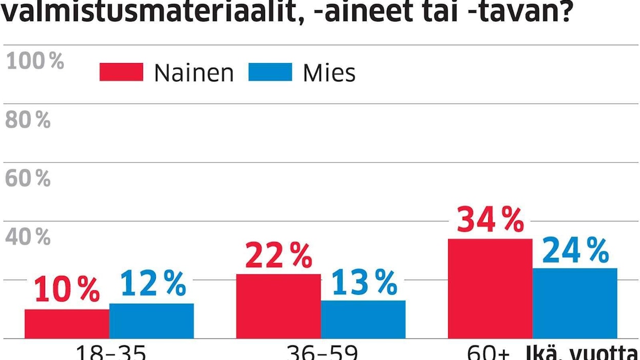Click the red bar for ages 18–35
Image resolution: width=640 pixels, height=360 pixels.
(x=67, y=324)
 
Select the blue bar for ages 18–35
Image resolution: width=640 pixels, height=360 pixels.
(x=151, y=321)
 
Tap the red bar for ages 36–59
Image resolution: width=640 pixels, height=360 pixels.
(x=278, y=306)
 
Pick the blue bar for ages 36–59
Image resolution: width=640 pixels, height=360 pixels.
(x=363, y=319)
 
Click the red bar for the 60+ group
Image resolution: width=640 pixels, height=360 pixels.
(x=490, y=288)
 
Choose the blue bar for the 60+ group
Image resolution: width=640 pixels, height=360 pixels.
(x=575, y=303)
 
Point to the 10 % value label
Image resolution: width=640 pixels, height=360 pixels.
(x=67, y=290)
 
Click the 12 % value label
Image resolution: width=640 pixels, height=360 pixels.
(x=153, y=284)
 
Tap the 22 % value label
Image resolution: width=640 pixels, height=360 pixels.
(x=278, y=255)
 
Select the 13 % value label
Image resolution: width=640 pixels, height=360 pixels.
(x=364, y=282)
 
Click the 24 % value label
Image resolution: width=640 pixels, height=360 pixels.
(x=575, y=250)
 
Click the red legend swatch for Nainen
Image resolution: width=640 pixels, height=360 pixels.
(x=122, y=72)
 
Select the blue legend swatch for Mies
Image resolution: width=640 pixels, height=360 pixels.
(x=270, y=72)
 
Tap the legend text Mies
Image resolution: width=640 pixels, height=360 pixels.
(x=329, y=73)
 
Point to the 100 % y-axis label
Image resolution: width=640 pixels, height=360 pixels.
(x=35, y=62)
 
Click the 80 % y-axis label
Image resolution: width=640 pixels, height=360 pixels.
(x=28, y=121)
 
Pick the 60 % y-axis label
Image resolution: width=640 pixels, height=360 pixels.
(x=28, y=179)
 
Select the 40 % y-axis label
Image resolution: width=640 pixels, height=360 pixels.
(x=28, y=237)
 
